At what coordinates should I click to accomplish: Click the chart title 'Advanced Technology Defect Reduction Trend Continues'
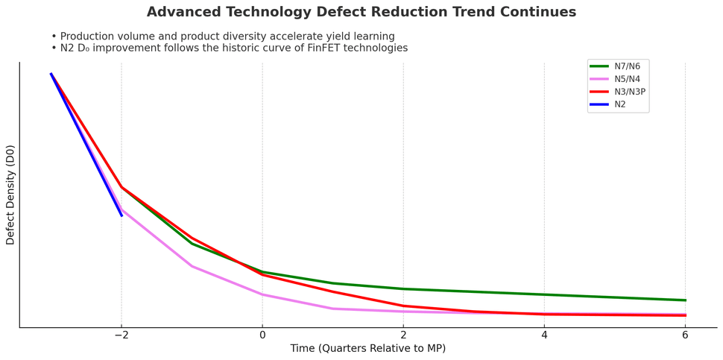361,13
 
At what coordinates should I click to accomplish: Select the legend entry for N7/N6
627,66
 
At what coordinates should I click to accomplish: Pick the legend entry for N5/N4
627,79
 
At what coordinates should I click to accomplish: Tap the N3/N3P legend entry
630,92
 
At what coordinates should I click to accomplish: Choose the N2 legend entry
619,104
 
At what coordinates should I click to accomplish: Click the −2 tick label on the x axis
121,336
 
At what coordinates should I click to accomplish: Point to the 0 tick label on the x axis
262,336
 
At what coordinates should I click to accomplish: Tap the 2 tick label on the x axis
403,336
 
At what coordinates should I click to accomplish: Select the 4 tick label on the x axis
544,336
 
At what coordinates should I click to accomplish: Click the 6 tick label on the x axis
685,336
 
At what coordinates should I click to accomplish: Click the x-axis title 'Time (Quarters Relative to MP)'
367,349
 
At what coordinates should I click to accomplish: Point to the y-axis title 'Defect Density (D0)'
10,195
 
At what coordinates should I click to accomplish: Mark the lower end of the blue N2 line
121,215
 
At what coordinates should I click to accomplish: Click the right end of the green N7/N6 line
685,300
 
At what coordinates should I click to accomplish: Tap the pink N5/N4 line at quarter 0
262,294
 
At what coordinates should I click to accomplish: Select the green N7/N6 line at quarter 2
403,288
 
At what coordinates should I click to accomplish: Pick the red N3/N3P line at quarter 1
332,291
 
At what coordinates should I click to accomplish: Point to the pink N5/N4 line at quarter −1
192,266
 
